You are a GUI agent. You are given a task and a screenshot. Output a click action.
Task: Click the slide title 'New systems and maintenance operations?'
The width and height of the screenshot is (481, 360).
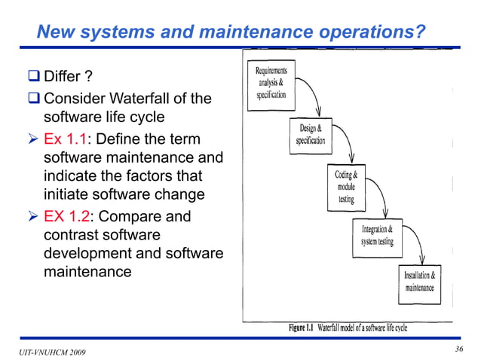[x=231, y=32]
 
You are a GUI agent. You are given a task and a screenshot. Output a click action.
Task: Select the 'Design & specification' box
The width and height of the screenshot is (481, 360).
[x=310, y=136]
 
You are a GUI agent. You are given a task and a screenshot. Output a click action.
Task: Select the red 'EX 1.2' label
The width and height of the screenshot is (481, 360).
[x=66, y=217]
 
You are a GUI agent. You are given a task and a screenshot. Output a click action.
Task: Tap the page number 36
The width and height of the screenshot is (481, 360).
[x=459, y=349]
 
